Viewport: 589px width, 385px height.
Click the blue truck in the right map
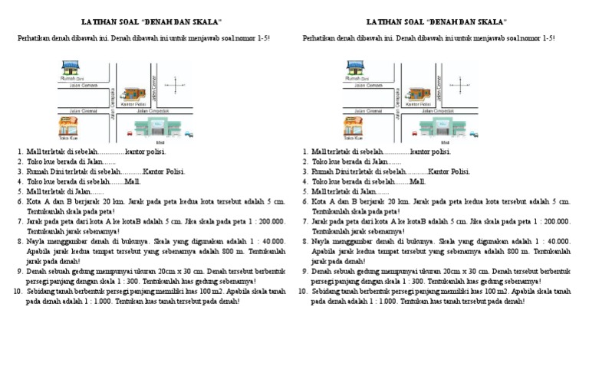tap(473, 135)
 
